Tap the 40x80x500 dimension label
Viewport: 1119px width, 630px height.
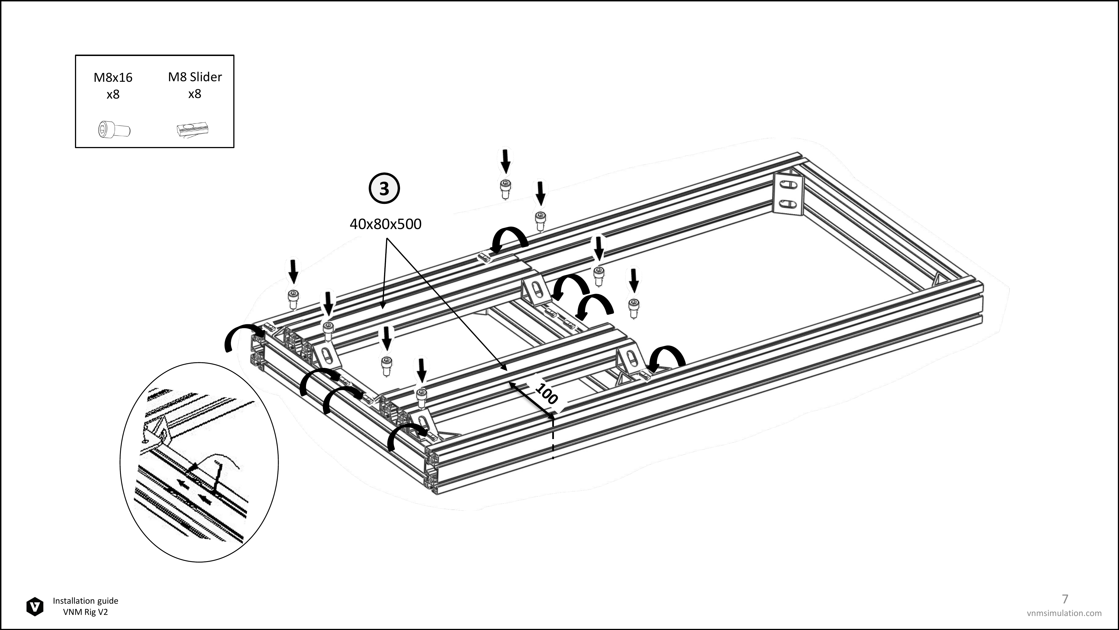385,224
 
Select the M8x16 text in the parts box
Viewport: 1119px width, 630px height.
113,77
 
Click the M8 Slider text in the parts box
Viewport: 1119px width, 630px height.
195,77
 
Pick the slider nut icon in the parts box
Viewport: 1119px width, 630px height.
193,130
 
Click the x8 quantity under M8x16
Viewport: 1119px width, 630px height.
113,94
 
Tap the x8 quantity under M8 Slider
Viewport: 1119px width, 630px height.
195,94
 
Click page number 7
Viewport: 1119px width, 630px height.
1065,599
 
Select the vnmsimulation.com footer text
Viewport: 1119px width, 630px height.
1064,613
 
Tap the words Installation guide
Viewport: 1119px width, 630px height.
86,601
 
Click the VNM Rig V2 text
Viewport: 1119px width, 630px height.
86,612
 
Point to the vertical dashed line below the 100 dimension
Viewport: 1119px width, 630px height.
553,436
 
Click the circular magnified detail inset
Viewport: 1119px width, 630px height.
199,462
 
